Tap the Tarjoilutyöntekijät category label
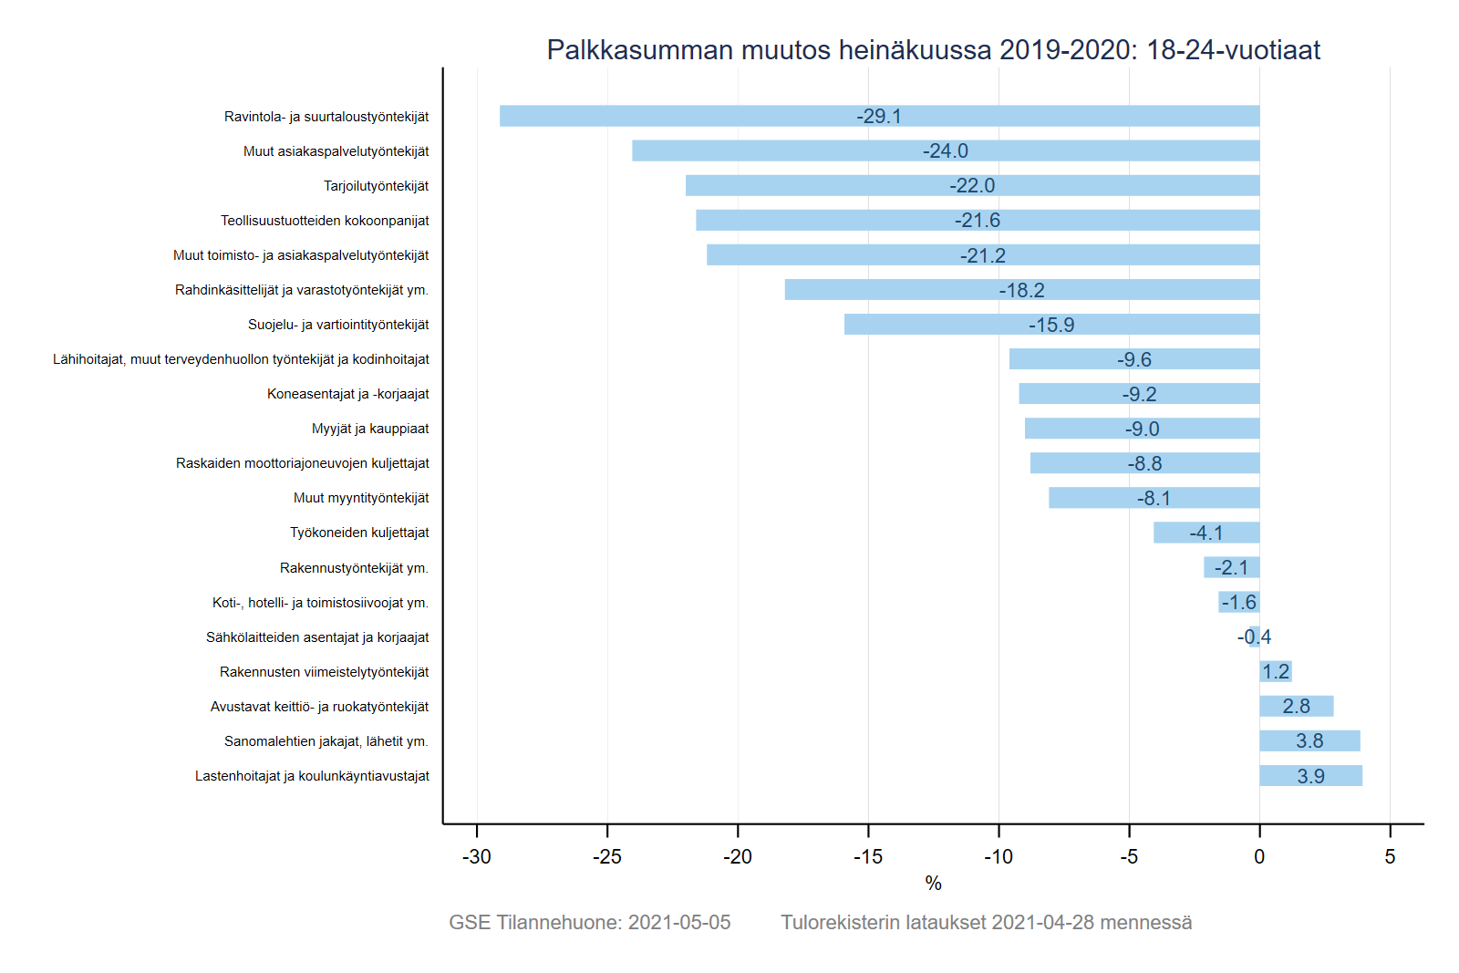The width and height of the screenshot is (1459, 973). [376, 186]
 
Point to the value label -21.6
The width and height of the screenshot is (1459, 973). [978, 221]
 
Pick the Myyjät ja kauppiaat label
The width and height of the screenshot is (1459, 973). [370, 429]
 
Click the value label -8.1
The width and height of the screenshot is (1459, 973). [1154, 499]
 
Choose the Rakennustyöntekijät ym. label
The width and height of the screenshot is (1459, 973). [354, 568]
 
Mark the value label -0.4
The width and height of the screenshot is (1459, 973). [1254, 637]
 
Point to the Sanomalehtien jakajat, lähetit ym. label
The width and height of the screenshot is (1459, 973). [326, 741]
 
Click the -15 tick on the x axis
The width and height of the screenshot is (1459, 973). [868, 857]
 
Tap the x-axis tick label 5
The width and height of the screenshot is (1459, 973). [1390, 857]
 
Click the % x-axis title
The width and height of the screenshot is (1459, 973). [933, 884]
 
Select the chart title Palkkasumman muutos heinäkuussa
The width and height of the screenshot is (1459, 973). [933, 50]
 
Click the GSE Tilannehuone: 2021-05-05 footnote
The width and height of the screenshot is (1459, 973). [590, 923]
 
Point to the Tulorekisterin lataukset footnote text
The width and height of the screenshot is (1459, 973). [986, 923]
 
